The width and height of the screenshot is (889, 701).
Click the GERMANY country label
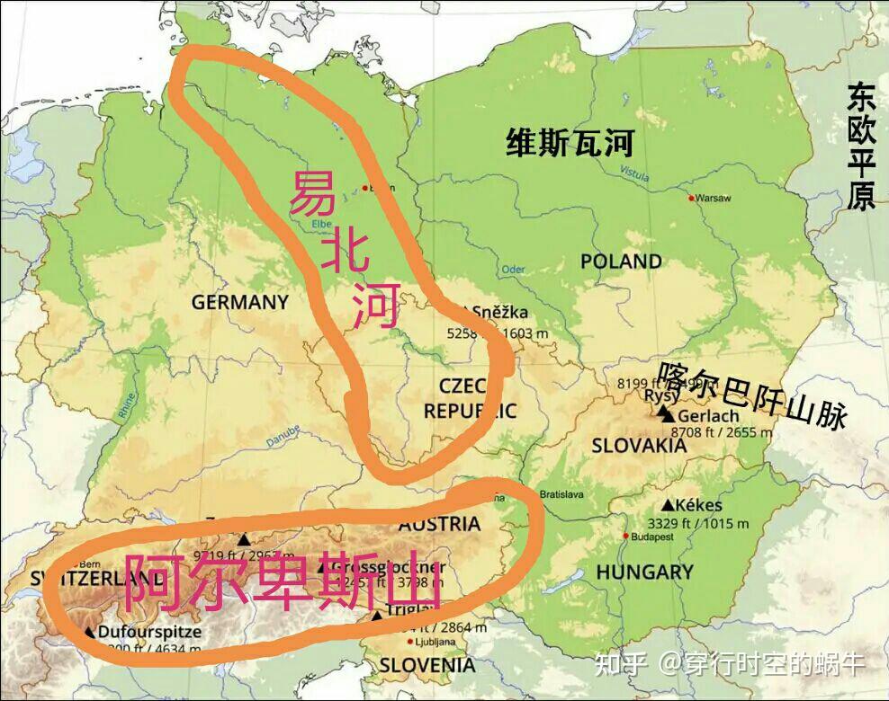point(239,302)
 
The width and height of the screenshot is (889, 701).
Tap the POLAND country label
point(621,262)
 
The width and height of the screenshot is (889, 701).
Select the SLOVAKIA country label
point(640,445)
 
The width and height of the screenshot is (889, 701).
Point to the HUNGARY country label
point(644,572)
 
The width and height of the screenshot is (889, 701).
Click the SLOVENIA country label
point(427,666)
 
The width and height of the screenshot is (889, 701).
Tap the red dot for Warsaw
point(691,198)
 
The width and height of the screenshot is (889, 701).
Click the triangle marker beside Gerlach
point(666,414)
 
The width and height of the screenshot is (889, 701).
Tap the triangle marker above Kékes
point(669,505)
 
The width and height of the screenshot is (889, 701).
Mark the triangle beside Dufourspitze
point(90,632)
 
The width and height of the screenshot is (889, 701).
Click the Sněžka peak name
point(500,312)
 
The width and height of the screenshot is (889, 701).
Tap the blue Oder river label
point(513,269)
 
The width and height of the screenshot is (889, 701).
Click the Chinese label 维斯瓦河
point(570,143)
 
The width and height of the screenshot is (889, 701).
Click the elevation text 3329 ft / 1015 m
point(697,523)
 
